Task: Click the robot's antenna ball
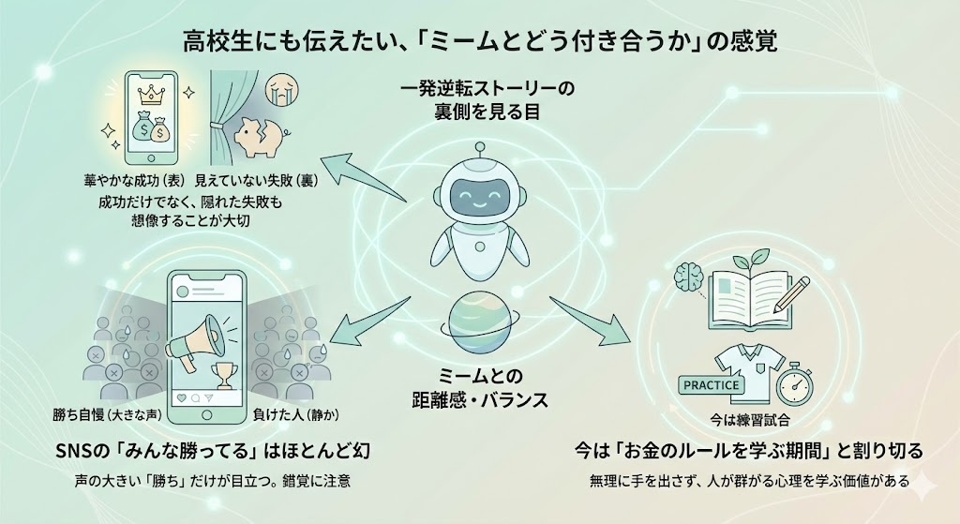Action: click(x=479, y=147)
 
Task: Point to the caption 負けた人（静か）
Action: click(x=295, y=413)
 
